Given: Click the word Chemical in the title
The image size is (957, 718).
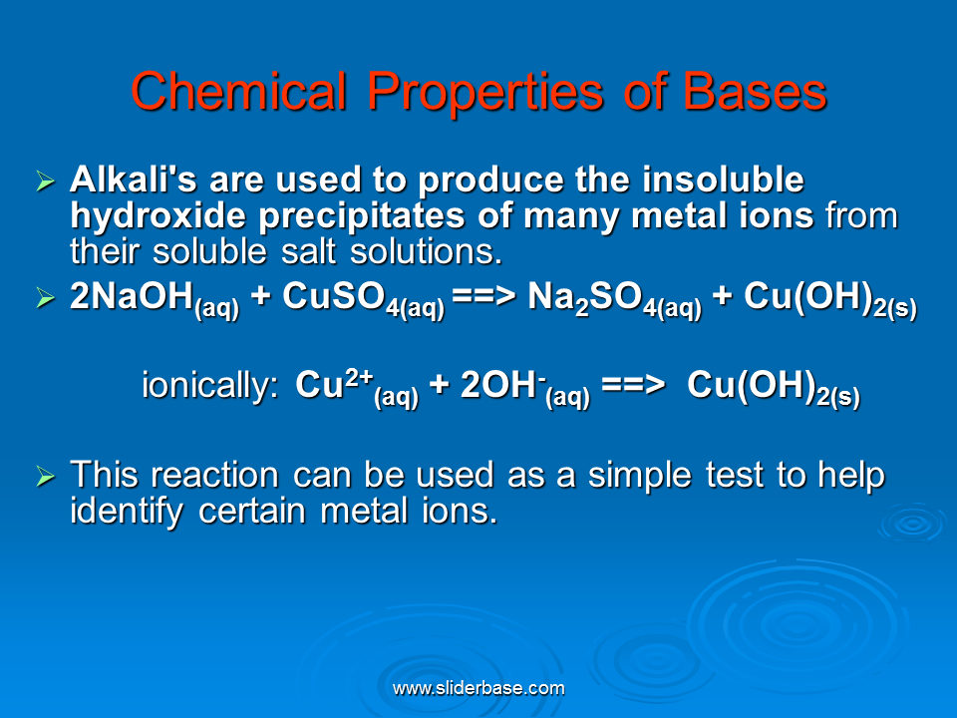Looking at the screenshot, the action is click(238, 92).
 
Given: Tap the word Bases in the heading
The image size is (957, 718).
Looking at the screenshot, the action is click(755, 92).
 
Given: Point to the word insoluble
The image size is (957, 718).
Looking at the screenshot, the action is click(723, 179).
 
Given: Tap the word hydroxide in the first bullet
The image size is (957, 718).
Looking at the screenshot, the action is click(159, 215).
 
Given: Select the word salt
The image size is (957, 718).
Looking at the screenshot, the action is click(308, 251).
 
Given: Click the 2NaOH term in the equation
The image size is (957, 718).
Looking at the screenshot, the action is click(155, 298).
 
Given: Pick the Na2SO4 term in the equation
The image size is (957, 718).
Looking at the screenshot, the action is click(615, 298).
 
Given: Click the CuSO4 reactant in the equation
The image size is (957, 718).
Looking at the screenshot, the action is click(363, 298).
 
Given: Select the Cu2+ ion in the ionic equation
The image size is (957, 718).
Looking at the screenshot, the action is click(357, 387).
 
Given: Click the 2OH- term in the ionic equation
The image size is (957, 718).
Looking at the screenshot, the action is click(525, 387).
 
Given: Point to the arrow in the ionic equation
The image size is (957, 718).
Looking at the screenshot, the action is click(633, 385).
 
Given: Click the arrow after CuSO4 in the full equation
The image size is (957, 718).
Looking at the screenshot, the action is click(484, 296).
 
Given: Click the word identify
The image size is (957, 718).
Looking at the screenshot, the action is click(127, 512).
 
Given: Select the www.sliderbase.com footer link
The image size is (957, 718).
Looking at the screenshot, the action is click(478, 689).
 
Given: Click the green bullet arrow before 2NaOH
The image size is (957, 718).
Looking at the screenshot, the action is click(46, 297).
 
